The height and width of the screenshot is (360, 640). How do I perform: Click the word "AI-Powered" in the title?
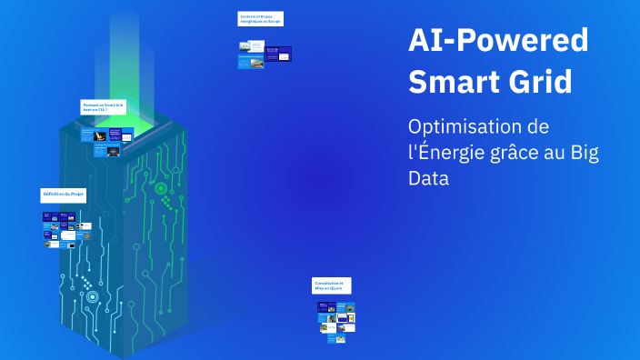click(x=498, y=41)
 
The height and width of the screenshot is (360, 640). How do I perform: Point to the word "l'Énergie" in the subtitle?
click(x=445, y=152)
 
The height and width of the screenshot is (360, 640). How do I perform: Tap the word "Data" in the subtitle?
click(x=429, y=178)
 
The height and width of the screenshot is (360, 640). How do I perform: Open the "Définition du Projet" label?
click(x=63, y=195)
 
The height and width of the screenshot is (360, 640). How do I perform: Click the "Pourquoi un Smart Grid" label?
click(x=102, y=106)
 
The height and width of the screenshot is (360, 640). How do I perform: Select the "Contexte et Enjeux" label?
click(x=260, y=19)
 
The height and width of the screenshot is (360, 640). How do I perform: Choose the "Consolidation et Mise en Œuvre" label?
click(x=331, y=285)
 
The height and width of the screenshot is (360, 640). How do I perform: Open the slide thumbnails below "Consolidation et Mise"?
click(x=335, y=320)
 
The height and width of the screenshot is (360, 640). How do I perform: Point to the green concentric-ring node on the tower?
click(x=160, y=188)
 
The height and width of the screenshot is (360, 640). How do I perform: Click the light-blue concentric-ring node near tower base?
click(x=92, y=296)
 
